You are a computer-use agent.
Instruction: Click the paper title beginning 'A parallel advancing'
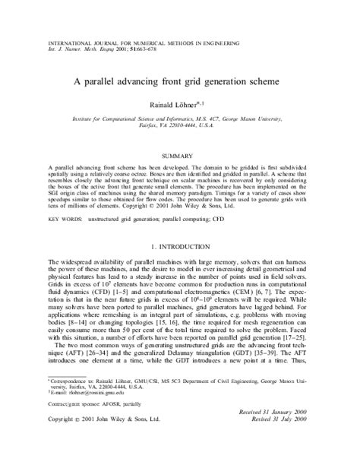179,81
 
